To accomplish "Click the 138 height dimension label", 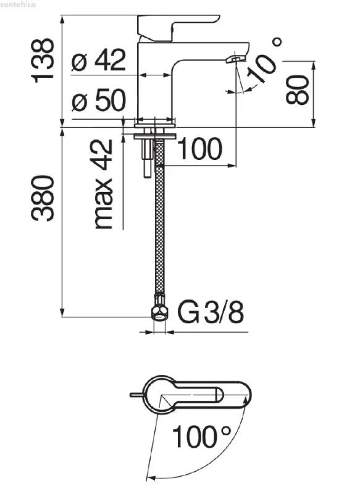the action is [43, 61].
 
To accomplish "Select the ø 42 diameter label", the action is [99, 60].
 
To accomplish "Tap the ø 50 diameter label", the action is [99, 100].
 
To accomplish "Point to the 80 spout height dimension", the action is [297, 90].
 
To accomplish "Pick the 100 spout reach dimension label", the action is [200, 149].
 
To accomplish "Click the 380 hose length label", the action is [43, 198].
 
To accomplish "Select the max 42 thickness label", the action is [103, 184].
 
